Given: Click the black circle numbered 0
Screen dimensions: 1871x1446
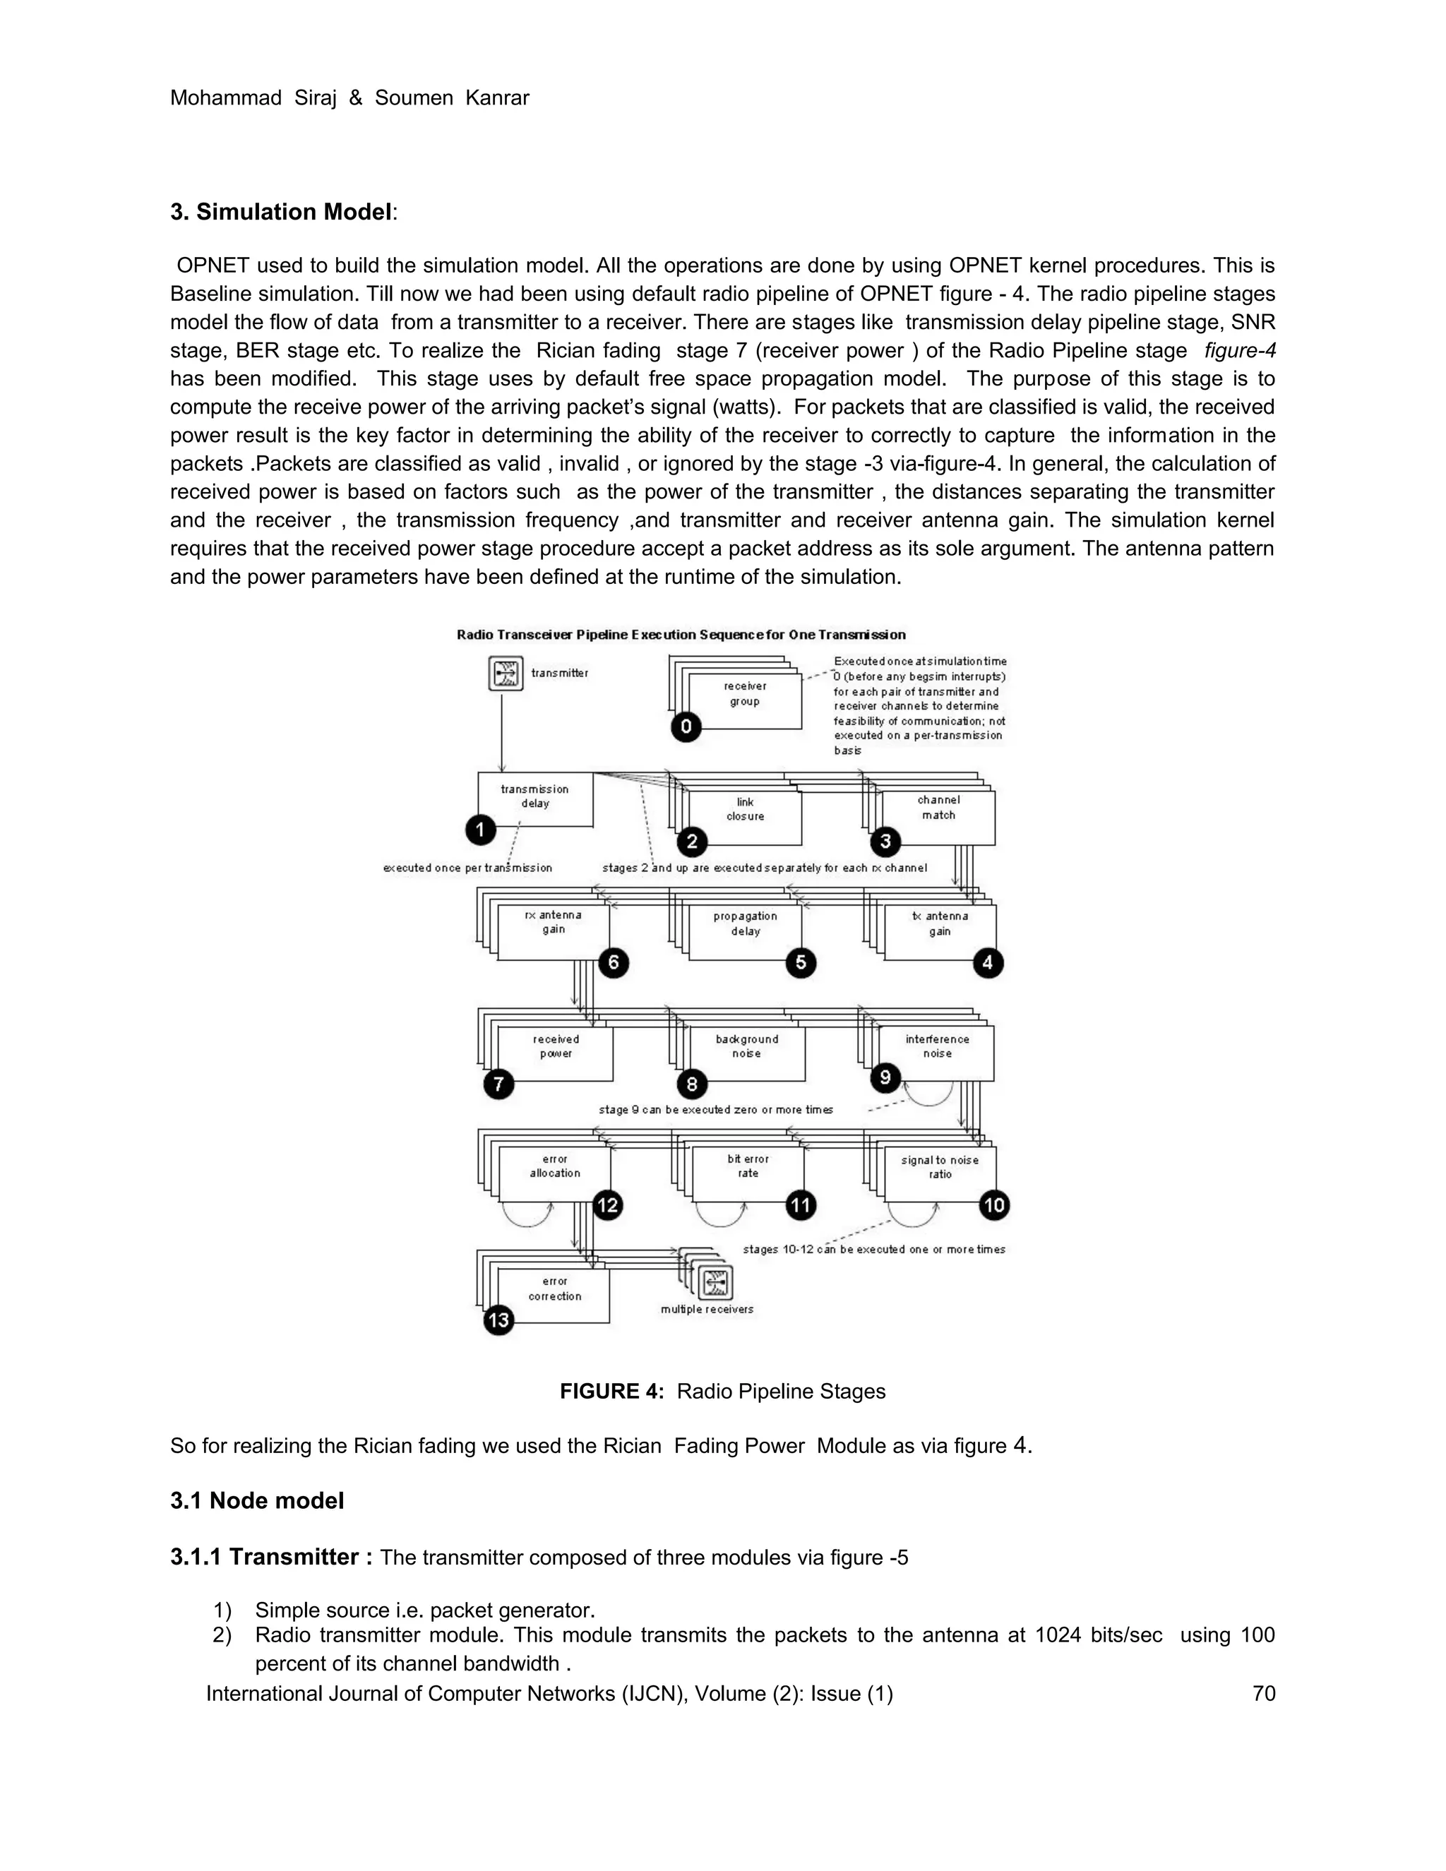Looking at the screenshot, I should point(686,727).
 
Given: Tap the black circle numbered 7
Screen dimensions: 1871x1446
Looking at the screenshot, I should point(498,1084).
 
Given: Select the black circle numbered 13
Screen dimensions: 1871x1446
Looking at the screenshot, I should point(498,1320).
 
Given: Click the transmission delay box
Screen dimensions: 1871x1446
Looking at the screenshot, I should point(534,798).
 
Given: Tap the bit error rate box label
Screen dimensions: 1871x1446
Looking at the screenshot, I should point(748,1166).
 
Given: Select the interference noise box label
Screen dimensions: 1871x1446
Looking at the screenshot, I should point(937,1046).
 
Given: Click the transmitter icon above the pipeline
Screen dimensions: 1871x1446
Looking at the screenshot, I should point(505,674).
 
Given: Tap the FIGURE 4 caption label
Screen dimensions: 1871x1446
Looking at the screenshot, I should point(611,1392).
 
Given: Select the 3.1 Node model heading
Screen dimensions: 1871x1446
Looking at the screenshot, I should point(257,1501).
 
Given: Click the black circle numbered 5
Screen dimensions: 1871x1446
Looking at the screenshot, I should point(801,963).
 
